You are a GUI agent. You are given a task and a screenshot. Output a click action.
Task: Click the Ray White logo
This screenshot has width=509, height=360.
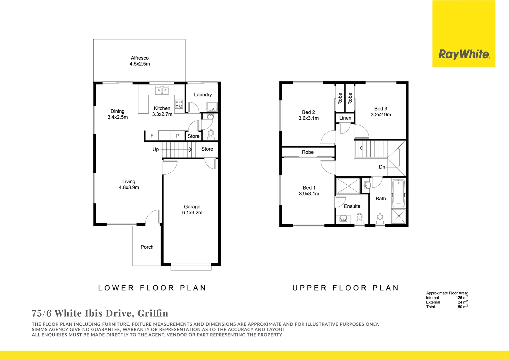point(464,54)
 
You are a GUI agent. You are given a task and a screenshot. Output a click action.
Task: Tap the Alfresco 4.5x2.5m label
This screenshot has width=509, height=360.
point(140,61)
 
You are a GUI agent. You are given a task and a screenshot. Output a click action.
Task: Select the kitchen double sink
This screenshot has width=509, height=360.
point(162,90)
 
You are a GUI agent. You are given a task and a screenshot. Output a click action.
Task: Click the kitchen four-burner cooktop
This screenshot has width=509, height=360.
point(179,104)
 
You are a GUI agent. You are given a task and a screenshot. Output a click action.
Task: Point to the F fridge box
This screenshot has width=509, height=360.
point(152,136)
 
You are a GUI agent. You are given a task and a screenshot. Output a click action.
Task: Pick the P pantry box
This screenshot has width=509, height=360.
point(178,136)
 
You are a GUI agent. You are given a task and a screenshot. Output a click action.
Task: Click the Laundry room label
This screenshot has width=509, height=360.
point(203,95)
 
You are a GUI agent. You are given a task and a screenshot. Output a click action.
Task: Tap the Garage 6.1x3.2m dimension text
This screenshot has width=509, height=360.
point(192,213)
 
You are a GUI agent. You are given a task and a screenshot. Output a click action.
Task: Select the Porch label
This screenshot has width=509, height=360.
point(147,247)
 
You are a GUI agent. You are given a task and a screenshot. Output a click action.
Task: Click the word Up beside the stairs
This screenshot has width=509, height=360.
point(156,149)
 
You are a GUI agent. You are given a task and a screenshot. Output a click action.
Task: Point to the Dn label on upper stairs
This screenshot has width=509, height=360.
point(382,167)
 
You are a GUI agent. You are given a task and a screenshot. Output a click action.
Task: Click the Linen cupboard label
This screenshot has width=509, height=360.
point(345,118)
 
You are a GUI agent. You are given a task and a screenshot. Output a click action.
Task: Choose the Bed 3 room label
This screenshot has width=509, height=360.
point(381,109)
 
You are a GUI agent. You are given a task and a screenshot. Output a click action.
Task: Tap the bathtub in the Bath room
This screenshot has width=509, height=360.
point(398,193)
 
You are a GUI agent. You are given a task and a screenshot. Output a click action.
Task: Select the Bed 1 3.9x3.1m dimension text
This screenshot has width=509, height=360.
point(309,194)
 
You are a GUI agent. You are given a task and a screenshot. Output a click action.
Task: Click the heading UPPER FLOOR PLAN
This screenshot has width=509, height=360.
point(345,288)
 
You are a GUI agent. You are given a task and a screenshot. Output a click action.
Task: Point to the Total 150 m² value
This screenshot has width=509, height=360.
point(461,307)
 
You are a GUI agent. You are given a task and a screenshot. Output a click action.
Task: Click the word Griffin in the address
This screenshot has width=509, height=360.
point(153,313)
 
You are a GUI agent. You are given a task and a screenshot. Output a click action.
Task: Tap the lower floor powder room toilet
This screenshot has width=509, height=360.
point(211,134)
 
